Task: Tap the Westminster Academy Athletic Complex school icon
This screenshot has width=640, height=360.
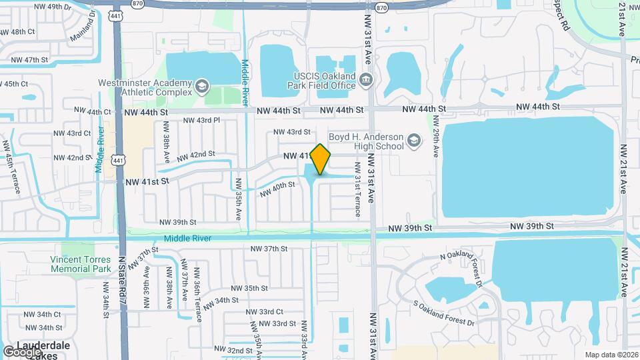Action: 201,86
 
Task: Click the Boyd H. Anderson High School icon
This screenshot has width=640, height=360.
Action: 414,141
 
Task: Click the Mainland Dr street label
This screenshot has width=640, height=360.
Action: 82,28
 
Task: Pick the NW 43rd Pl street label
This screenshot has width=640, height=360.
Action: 199,121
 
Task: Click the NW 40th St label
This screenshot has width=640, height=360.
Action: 277,189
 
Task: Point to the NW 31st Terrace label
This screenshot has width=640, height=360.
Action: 358,190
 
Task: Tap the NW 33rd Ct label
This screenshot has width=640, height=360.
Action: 265,312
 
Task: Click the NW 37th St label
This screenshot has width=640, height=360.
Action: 269,249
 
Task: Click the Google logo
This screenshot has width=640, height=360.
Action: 21,351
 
